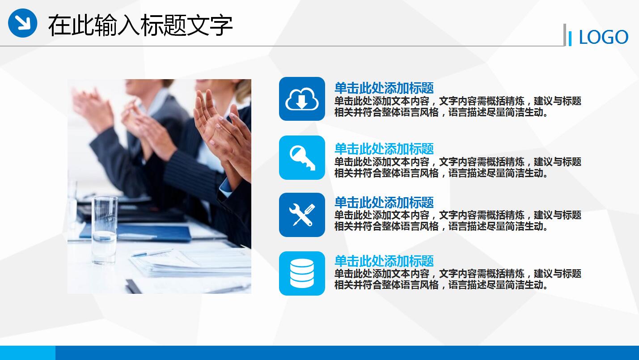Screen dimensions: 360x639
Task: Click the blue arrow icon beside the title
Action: tap(22, 23)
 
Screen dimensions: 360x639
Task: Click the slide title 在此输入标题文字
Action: tap(140, 25)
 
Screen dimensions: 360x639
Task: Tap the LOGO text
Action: tap(603, 38)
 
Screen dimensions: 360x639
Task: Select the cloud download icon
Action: tap(302, 99)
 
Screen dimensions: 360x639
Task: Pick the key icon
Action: tap(302, 157)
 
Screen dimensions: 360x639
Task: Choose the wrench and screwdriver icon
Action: tap(302, 215)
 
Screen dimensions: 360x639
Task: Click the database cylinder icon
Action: tap(302, 273)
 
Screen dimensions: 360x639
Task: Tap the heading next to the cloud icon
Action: tap(384, 88)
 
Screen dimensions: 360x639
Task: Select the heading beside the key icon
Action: tap(384, 148)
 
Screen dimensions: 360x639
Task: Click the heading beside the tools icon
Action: tap(384, 202)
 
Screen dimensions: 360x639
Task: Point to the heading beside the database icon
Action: tap(384, 261)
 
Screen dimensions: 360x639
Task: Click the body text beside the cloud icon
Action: tap(457, 107)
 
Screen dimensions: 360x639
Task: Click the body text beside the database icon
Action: tap(457, 279)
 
